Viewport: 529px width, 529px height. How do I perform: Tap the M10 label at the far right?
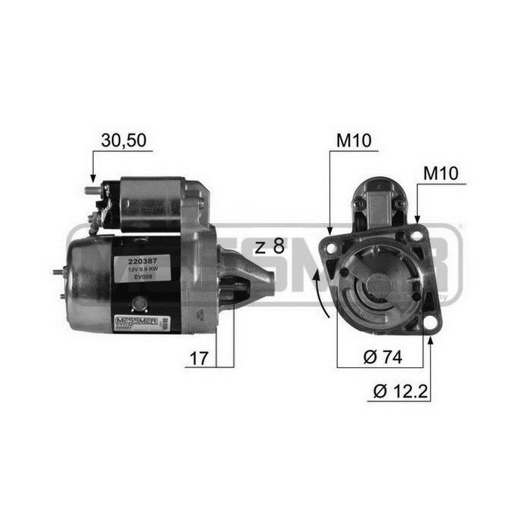click(x=441, y=172)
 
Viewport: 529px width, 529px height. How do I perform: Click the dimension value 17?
click(x=197, y=357)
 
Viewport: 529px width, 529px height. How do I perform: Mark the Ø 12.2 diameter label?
click(x=400, y=392)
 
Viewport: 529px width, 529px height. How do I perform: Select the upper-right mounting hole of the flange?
click(x=416, y=236)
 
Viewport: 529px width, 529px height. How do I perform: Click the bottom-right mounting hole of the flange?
click(x=430, y=323)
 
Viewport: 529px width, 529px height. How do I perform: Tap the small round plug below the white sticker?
click(x=138, y=304)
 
